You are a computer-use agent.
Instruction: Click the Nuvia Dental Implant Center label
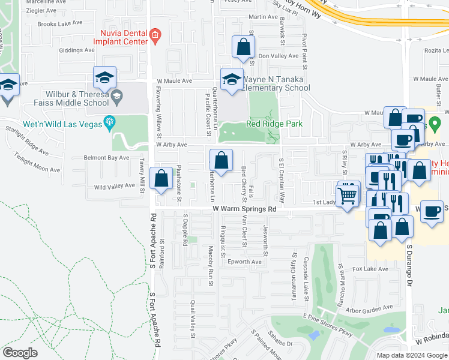120,38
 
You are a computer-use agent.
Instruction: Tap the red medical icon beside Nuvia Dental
155,35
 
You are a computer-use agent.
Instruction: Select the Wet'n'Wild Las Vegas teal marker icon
109,122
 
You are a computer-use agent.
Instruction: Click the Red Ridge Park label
274,124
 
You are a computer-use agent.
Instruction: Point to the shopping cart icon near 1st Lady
348,195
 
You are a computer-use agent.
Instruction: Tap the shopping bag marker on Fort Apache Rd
161,179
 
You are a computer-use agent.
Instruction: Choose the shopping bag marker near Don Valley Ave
243,47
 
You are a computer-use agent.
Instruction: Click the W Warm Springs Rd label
245,209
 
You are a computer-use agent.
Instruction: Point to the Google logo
20,353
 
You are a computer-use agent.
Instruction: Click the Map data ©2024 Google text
412,355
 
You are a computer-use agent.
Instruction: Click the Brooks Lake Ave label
59,23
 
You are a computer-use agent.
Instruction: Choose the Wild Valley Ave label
115,186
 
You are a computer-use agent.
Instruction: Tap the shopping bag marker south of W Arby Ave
221,161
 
